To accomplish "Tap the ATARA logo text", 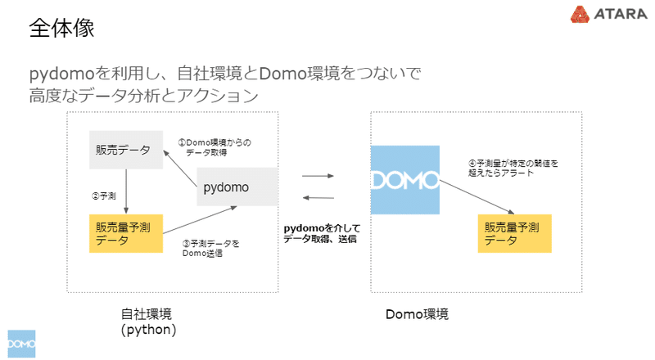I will [610, 15].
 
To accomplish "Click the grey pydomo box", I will [237, 187].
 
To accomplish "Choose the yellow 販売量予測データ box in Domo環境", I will [514, 233].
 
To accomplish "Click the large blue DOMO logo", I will [404, 180].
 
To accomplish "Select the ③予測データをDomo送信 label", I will [211, 248].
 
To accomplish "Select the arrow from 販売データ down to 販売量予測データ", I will [125, 191].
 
